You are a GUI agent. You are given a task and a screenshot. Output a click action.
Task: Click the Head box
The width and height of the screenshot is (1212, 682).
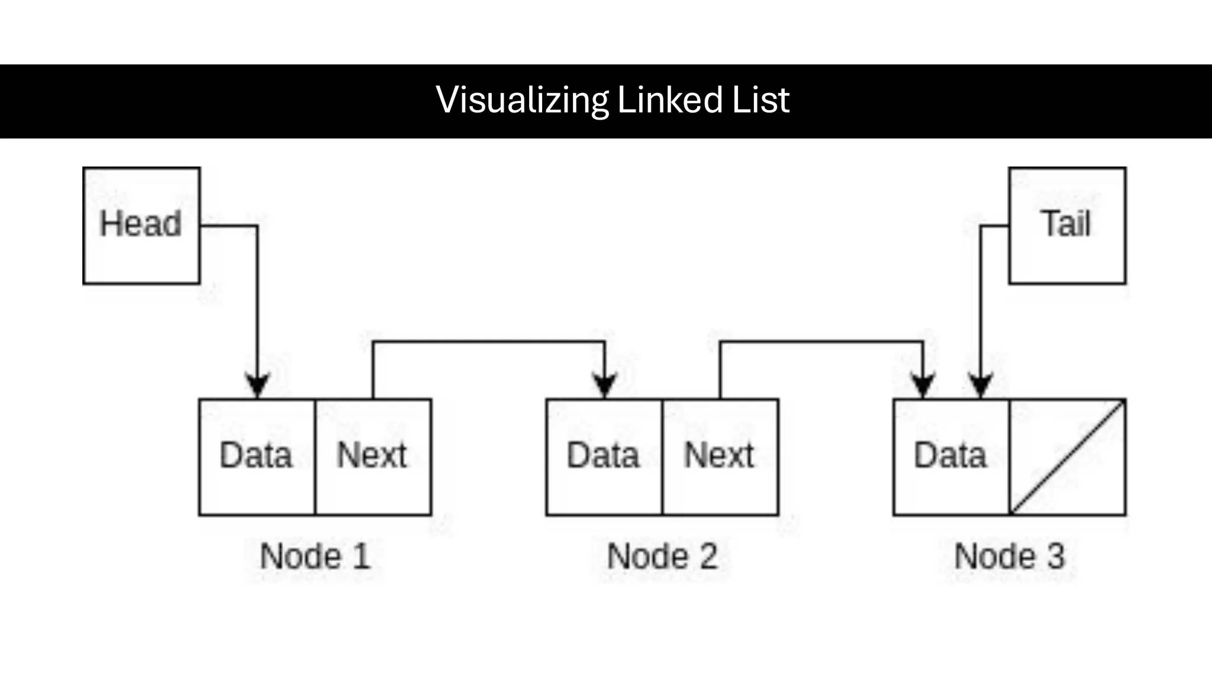coord(141,226)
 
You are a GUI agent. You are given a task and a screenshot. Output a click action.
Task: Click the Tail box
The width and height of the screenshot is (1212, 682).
coord(1067,226)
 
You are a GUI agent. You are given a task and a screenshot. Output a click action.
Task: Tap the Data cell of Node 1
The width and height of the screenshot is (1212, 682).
coord(257,456)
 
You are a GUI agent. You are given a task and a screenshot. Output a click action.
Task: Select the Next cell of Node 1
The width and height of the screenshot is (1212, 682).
coord(373,456)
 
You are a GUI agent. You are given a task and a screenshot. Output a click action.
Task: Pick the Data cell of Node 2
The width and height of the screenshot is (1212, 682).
coord(604,456)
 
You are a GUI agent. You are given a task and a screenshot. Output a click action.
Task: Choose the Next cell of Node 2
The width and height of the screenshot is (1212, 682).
coord(720,456)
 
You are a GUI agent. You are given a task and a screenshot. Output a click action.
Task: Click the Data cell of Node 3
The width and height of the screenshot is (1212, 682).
coord(950,456)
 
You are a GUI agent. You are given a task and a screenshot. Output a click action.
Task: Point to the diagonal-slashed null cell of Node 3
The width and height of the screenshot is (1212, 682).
coord(1068,456)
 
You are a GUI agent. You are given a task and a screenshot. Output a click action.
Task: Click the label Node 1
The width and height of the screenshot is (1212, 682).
coord(315,556)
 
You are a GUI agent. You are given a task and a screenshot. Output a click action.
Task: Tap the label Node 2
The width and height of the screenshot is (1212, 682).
coord(662,556)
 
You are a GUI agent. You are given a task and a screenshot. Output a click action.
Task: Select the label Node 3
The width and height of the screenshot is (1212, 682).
coord(1010,556)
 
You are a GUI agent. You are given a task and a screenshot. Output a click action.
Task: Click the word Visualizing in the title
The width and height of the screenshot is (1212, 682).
coord(522,100)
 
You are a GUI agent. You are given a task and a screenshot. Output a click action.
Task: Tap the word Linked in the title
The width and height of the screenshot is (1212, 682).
coord(670,100)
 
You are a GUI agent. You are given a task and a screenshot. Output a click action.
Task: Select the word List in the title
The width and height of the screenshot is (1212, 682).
coord(760,100)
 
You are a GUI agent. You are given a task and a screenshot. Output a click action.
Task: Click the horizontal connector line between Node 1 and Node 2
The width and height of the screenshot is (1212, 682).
coord(489,342)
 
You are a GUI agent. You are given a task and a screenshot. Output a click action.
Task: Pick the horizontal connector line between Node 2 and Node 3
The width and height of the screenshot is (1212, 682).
coord(821,342)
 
